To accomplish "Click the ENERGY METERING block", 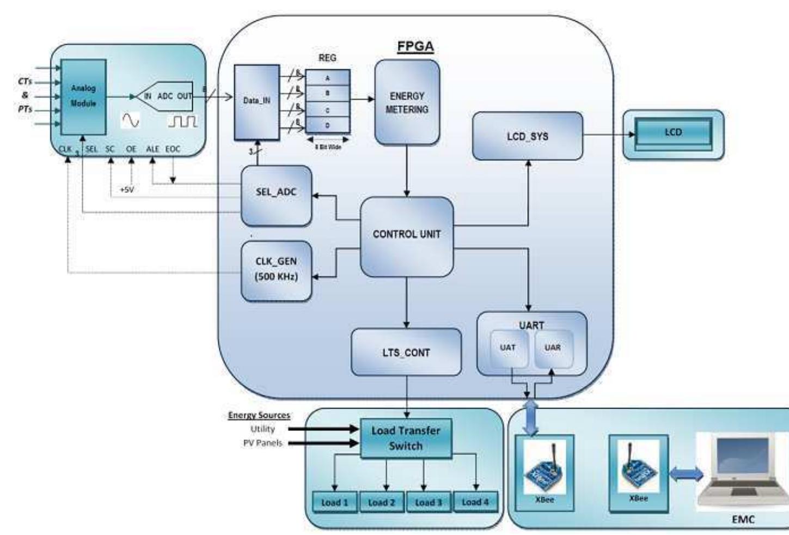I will (407, 102).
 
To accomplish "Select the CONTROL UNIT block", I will (407, 235).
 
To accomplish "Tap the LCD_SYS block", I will (527, 136).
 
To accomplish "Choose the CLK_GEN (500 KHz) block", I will (276, 270).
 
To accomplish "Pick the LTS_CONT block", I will (406, 352).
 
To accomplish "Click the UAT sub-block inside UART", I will (507, 348).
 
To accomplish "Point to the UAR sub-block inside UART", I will (553, 348).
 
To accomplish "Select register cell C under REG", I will (327, 110).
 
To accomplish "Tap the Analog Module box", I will (83, 96).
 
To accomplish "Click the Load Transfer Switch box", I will (406, 438).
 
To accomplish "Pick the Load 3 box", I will (429, 502).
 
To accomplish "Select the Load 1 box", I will (334, 502).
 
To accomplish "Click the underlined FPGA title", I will (415, 46).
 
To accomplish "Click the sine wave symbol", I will (130, 120).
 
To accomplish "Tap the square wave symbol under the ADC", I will (182, 121).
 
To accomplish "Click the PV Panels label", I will (262, 443).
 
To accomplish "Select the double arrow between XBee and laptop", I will (686, 475).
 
